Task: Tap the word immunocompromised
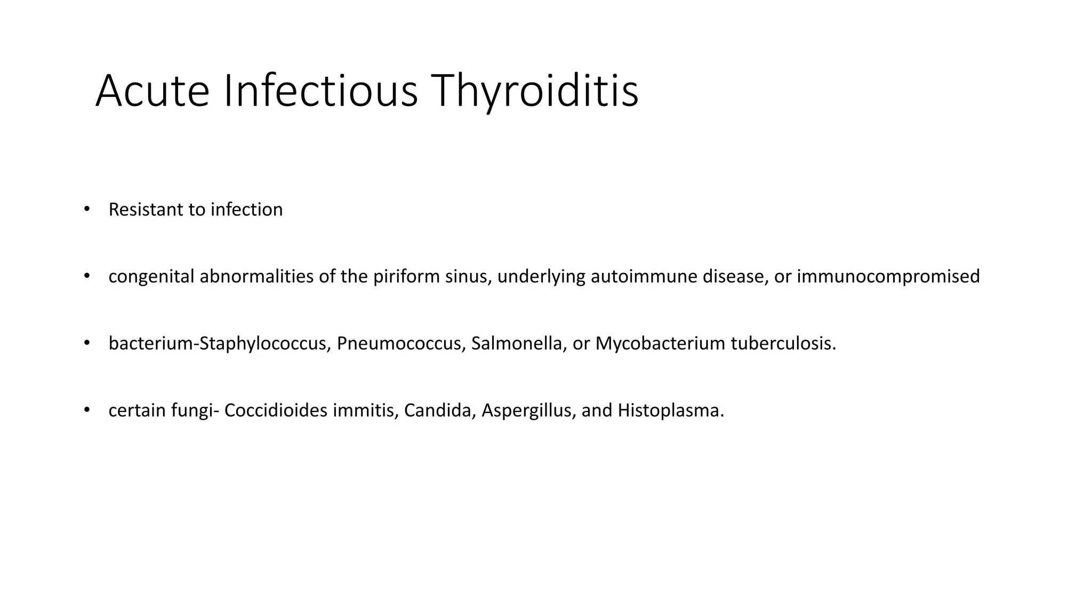pos(888,277)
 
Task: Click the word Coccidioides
pos(276,411)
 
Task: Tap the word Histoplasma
pos(670,411)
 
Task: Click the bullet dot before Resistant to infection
pos(87,209)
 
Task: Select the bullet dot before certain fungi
pos(87,410)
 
